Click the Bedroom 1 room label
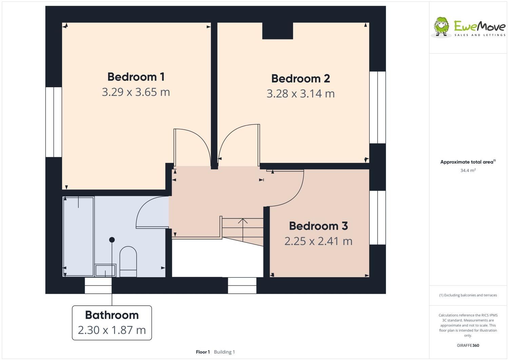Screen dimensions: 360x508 click(x=136, y=77)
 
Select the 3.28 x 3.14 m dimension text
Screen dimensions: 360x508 click(x=300, y=94)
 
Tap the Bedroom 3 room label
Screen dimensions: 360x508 click(x=318, y=226)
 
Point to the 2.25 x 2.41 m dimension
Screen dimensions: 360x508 click(x=318, y=241)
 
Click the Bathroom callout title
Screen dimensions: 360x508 click(x=112, y=315)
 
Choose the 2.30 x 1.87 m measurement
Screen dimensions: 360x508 click(x=112, y=330)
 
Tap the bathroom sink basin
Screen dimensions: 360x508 click(x=105, y=270)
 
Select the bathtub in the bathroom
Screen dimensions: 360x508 click(x=79, y=236)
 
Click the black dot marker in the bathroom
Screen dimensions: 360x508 click(x=112, y=240)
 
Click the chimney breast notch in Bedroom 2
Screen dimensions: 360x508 click(x=277, y=31)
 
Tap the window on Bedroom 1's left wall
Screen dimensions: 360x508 click(x=54, y=122)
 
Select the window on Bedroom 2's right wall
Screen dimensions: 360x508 click(x=377, y=107)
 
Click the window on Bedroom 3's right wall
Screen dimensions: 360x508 click(x=377, y=217)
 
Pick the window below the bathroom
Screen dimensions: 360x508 click(x=98, y=285)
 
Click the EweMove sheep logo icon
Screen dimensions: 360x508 click(x=442, y=26)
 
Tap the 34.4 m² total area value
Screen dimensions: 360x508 click(x=468, y=171)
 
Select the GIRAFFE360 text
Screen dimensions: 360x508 click(x=468, y=345)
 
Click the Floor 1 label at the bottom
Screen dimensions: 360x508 click(x=203, y=352)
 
